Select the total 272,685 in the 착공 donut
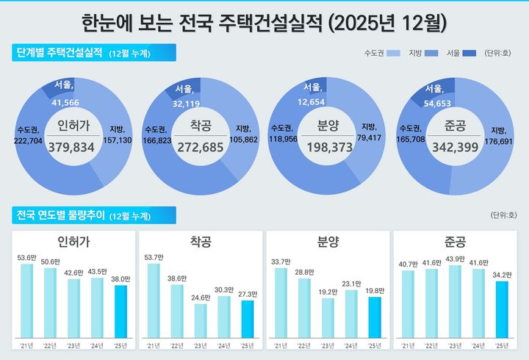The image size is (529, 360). click(x=199, y=147)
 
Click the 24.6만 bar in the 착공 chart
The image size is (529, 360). click(x=201, y=320)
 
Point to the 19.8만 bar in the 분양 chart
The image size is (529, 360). click(x=375, y=317)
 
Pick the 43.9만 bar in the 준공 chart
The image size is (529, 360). click(x=455, y=300)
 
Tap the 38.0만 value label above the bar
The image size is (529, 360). click(x=121, y=279)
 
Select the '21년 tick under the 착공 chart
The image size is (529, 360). click(x=154, y=344)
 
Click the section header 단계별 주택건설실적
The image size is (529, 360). click(x=59, y=52)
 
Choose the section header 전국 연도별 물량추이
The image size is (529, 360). click(x=59, y=215)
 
